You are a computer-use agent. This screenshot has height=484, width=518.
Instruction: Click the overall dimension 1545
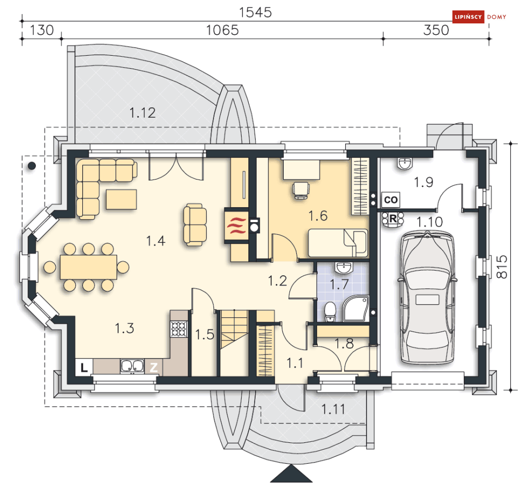[x=255, y=12]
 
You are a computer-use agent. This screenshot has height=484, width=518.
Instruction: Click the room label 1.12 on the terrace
[x=142, y=112]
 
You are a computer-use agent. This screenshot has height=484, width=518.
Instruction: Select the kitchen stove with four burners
[x=179, y=329]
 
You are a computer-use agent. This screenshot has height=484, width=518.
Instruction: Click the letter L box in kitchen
[x=84, y=367]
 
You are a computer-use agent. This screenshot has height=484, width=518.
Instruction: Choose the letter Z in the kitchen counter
[x=154, y=367]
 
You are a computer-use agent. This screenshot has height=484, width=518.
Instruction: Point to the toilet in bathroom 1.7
[x=330, y=312]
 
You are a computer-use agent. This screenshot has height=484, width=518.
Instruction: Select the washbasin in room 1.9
[x=405, y=164]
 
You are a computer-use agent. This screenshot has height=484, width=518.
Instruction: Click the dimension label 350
[x=436, y=30]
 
